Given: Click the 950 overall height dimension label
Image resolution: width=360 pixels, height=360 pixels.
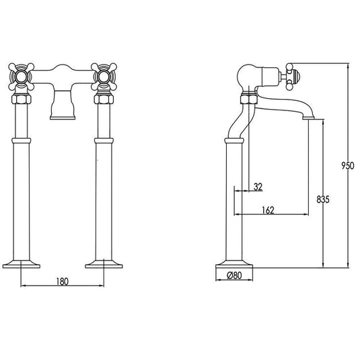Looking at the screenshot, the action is [348, 166].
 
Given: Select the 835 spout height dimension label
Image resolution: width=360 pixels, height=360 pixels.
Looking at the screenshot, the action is [323, 199].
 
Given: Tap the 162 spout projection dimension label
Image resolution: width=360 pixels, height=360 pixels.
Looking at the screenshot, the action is [268, 210].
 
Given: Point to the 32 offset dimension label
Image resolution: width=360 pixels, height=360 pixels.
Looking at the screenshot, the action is [258, 186].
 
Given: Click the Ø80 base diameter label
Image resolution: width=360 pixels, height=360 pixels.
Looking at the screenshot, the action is [234, 275].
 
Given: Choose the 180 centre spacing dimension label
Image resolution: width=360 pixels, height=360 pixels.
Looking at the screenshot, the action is [62, 281].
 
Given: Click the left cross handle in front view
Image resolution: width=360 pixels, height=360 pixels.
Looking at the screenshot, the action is [21, 77].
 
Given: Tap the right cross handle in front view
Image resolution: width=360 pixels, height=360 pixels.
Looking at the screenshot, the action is [104, 77].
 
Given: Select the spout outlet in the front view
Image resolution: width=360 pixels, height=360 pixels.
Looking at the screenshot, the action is [63, 118].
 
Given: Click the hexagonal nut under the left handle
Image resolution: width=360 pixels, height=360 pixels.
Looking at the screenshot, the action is [21, 99].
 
